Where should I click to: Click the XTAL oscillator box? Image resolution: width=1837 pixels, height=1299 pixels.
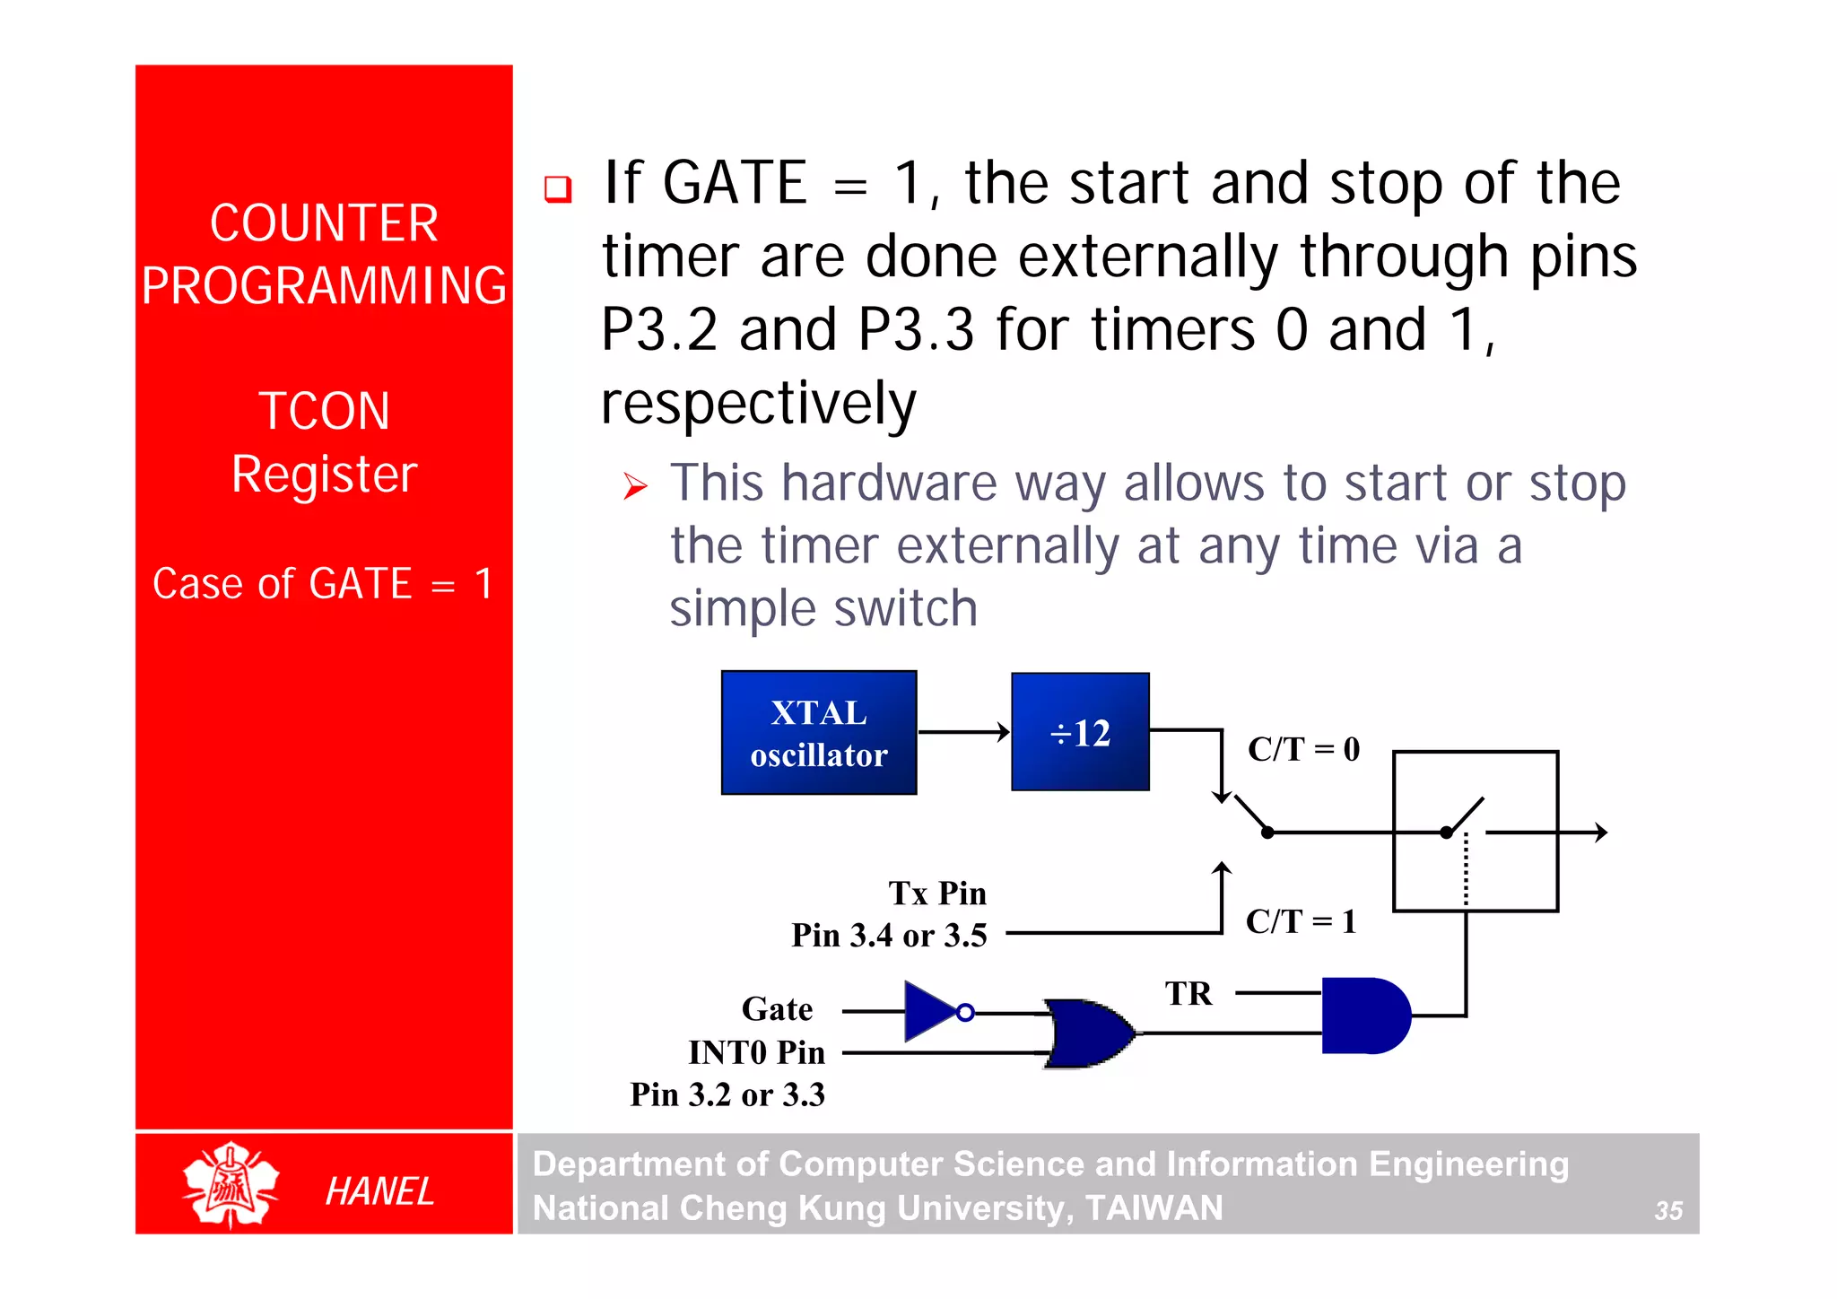pos(818,732)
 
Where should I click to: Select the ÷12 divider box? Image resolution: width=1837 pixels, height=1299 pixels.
pos(1080,732)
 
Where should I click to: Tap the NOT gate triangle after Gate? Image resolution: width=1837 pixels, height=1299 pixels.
pos(929,1012)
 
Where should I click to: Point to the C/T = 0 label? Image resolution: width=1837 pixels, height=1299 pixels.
pos(1303,749)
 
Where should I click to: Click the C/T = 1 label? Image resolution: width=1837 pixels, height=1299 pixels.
pos(1301,921)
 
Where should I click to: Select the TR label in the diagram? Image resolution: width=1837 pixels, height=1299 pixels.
pos(1188,994)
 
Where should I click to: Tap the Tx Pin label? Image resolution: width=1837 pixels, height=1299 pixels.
pos(937,894)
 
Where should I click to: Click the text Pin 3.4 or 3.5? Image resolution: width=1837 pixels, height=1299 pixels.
pos(889,936)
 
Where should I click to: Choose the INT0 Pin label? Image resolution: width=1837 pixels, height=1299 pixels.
pos(756,1052)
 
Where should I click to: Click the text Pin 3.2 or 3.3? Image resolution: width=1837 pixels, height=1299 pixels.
pos(727,1094)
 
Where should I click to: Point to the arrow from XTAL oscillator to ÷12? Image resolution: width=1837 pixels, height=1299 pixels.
pos(964,732)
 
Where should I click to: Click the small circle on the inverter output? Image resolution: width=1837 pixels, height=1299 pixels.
pos(965,1013)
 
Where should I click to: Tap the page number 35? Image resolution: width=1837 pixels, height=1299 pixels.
pos(1667,1211)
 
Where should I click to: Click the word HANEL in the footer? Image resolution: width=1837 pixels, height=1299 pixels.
pos(379,1191)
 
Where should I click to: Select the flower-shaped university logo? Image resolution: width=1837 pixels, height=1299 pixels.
pos(231,1184)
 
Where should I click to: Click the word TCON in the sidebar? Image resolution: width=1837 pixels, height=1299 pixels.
pos(324,411)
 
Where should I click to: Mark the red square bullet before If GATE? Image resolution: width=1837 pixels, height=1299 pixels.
pos(558,188)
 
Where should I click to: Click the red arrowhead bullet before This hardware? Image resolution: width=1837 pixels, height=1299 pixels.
pos(635,487)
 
